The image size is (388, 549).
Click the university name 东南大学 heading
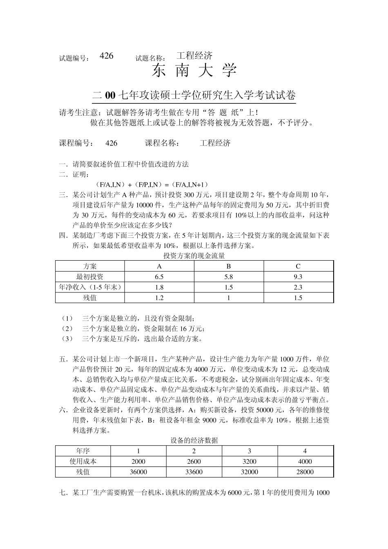click(x=194, y=71)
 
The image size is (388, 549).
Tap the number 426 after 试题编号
click(x=106, y=56)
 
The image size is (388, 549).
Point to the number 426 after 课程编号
click(x=111, y=143)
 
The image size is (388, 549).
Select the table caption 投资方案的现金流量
click(x=194, y=256)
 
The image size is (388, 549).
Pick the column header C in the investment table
click(x=298, y=266)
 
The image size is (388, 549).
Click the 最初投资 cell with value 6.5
click(x=159, y=277)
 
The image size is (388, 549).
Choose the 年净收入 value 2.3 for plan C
click(x=298, y=287)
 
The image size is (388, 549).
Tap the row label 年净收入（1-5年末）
click(x=90, y=287)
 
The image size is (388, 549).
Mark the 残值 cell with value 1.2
click(x=159, y=298)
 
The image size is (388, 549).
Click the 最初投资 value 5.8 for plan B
click(x=229, y=277)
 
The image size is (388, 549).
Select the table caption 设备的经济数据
click(x=194, y=440)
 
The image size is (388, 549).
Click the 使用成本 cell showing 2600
click(x=194, y=462)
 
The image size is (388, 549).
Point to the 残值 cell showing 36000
click(x=138, y=472)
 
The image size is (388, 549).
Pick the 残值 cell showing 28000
click(x=305, y=472)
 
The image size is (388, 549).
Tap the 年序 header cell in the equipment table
click(x=83, y=451)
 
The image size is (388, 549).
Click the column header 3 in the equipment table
click(x=250, y=451)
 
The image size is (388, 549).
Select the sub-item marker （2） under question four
click(x=67, y=328)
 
